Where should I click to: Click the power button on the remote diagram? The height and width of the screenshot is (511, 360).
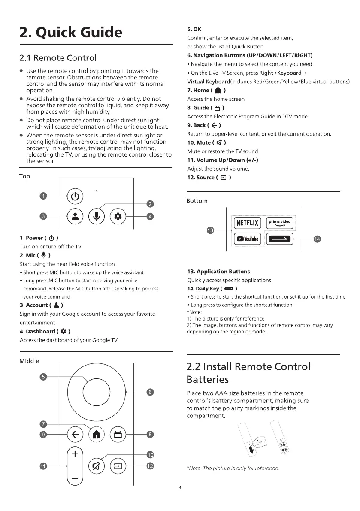tap(75, 197)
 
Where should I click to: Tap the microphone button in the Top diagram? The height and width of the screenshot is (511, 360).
tap(97, 216)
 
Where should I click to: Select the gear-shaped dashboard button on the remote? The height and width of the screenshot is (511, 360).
tap(118, 216)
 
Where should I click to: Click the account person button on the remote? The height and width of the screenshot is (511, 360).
tap(75, 216)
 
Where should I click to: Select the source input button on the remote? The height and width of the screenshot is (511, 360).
tap(118, 466)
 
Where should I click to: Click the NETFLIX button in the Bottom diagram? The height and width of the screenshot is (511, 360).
tap(247, 223)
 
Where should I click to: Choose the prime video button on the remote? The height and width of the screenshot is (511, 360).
tap(279, 223)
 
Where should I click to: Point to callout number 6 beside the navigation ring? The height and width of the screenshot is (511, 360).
tap(150, 392)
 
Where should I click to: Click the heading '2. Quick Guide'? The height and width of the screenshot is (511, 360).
tap(71, 33)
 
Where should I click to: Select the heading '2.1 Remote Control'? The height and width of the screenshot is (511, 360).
tap(58, 57)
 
